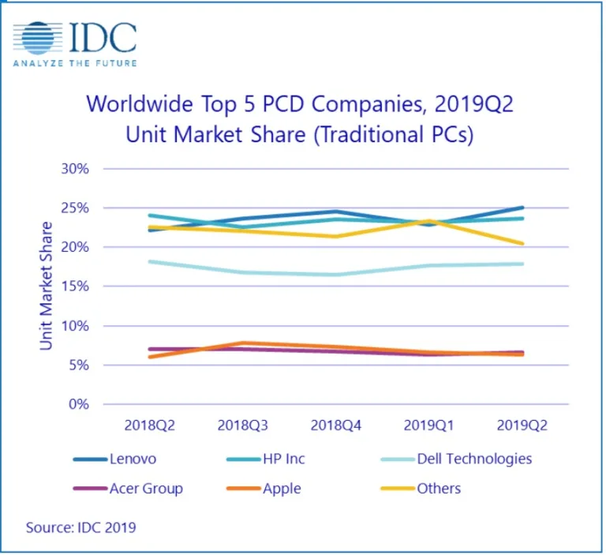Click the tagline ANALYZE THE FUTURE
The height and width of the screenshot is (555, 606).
75,63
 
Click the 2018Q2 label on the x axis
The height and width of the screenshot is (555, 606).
150,425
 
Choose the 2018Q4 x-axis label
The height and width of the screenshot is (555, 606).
336,425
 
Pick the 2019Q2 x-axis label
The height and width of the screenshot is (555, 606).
522,425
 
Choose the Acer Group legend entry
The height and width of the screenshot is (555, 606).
147,488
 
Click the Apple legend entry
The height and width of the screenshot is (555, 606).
282,488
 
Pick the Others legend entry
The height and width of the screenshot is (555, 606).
439,488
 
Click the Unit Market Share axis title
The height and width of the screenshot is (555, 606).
47,286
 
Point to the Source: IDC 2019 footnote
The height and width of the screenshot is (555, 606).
80,527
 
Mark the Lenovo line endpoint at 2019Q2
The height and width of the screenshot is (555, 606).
522,208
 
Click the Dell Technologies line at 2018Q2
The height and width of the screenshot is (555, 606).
150,261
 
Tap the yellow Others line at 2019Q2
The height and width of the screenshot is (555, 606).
522,243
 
